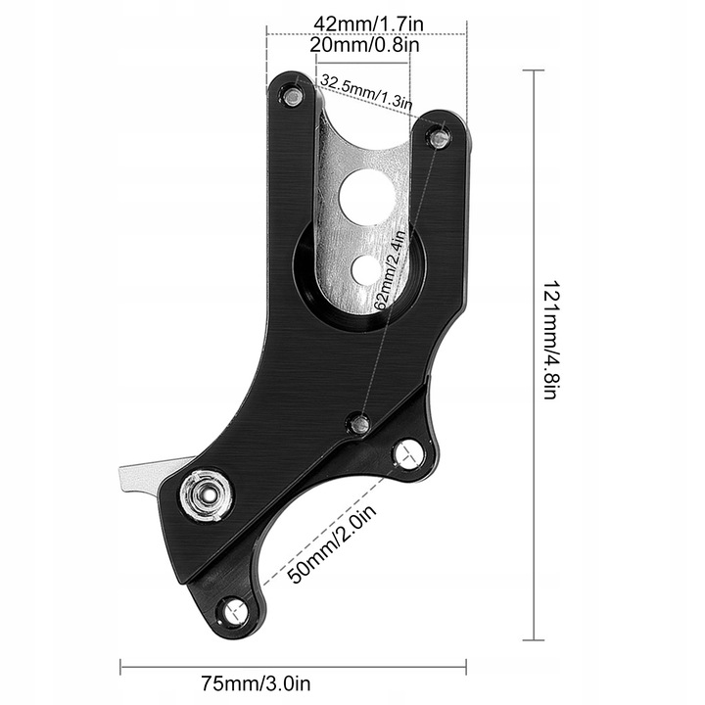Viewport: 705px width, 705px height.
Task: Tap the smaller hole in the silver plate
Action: point(368,264)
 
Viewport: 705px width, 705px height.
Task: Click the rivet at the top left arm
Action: point(290,94)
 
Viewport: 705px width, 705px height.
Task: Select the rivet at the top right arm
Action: point(440,139)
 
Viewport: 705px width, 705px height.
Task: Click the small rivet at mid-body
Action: point(359,423)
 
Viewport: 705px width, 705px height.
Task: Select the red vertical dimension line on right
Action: point(534,353)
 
